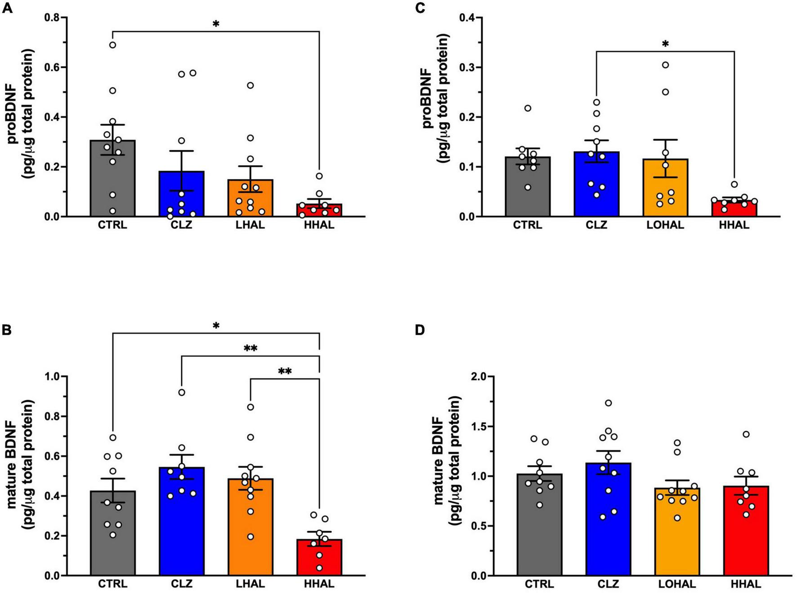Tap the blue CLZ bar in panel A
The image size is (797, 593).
click(x=181, y=193)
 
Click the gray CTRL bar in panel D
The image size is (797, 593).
click(x=539, y=524)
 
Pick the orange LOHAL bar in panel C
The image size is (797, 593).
click(x=665, y=188)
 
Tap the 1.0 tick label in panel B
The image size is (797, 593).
click(x=54, y=376)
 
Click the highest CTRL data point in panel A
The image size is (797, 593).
click(x=112, y=45)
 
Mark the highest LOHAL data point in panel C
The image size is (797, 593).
click(x=665, y=65)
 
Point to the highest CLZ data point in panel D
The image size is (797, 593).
click(x=608, y=403)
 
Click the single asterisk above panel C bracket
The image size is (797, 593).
click(x=665, y=44)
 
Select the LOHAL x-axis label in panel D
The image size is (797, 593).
click(x=677, y=584)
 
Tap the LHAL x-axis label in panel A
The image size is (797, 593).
click(x=250, y=225)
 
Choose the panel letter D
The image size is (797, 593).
click(x=419, y=330)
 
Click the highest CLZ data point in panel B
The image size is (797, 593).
click(x=181, y=392)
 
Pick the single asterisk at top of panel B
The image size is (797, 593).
click(x=216, y=326)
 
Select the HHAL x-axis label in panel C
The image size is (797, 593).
click(x=734, y=225)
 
